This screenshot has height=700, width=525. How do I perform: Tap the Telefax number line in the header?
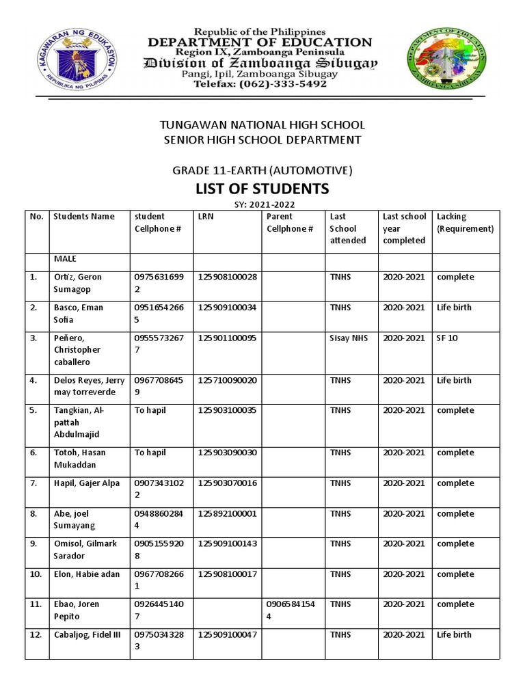tap(261, 84)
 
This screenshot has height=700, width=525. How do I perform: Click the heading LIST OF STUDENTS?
tap(262, 188)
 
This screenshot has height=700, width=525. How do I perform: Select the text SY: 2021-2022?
tap(262, 204)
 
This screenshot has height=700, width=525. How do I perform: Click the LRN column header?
tap(205, 217)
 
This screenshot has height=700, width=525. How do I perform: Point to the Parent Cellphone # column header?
tap(290, 223)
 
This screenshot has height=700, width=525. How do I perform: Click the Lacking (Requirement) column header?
tap(465, 223)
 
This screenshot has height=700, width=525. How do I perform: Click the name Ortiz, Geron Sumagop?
tap(78, 283)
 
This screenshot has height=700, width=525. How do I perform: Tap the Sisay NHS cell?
tap(349, 338)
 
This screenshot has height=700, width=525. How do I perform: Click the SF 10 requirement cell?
tap(447, 338)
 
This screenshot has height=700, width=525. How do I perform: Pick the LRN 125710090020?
tap(227, 380)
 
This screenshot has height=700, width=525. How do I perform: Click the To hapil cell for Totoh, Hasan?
tap(150, 453)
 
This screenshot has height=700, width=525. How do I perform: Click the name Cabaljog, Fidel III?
tap(87, 635)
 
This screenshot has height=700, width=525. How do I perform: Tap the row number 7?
tap(33, 483)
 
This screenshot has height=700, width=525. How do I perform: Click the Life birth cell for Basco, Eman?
tap(454, 308)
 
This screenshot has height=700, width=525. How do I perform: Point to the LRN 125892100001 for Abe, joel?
tap(227, 513)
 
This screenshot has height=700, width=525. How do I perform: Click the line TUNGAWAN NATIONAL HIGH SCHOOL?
tap(262, 125)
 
